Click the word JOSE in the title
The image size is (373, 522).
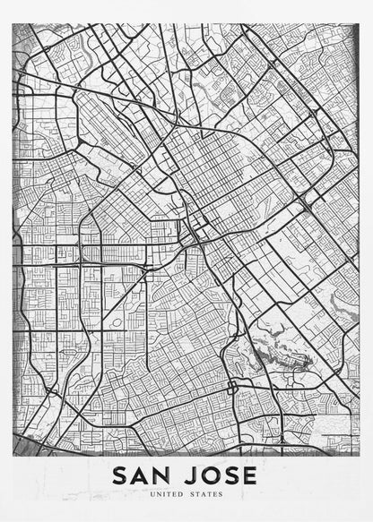[220, 475]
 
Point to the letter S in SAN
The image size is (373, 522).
[120, 475]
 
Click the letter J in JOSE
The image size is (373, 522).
[189, 475]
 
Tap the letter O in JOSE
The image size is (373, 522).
[209, 475]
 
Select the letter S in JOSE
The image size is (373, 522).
[230, 475]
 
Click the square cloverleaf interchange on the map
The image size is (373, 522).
[233, 388]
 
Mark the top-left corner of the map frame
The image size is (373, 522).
[13, 23]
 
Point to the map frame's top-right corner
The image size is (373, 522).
[360, 23]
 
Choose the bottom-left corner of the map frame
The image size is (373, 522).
[13, 455]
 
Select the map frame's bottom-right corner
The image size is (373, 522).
[360, 455]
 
